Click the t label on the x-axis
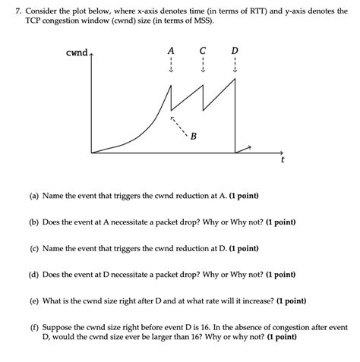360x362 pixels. pyautogui.click(x=283, y=161)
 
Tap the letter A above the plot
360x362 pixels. pyautogui.click(x=171, y=50)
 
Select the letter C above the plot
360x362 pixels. pyautogui.click(x=203, y=50)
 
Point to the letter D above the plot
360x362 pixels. pyautogui.click(x=235, y=50)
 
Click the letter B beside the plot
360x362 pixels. pyautogui.click(x=194, y=137)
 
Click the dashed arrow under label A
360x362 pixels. pyautogui.click(x=171, y=65)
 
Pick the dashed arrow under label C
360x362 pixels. pyautogui.click(x=203, y=65)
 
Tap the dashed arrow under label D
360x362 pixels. pyautogui.click(x=235, y=65)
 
